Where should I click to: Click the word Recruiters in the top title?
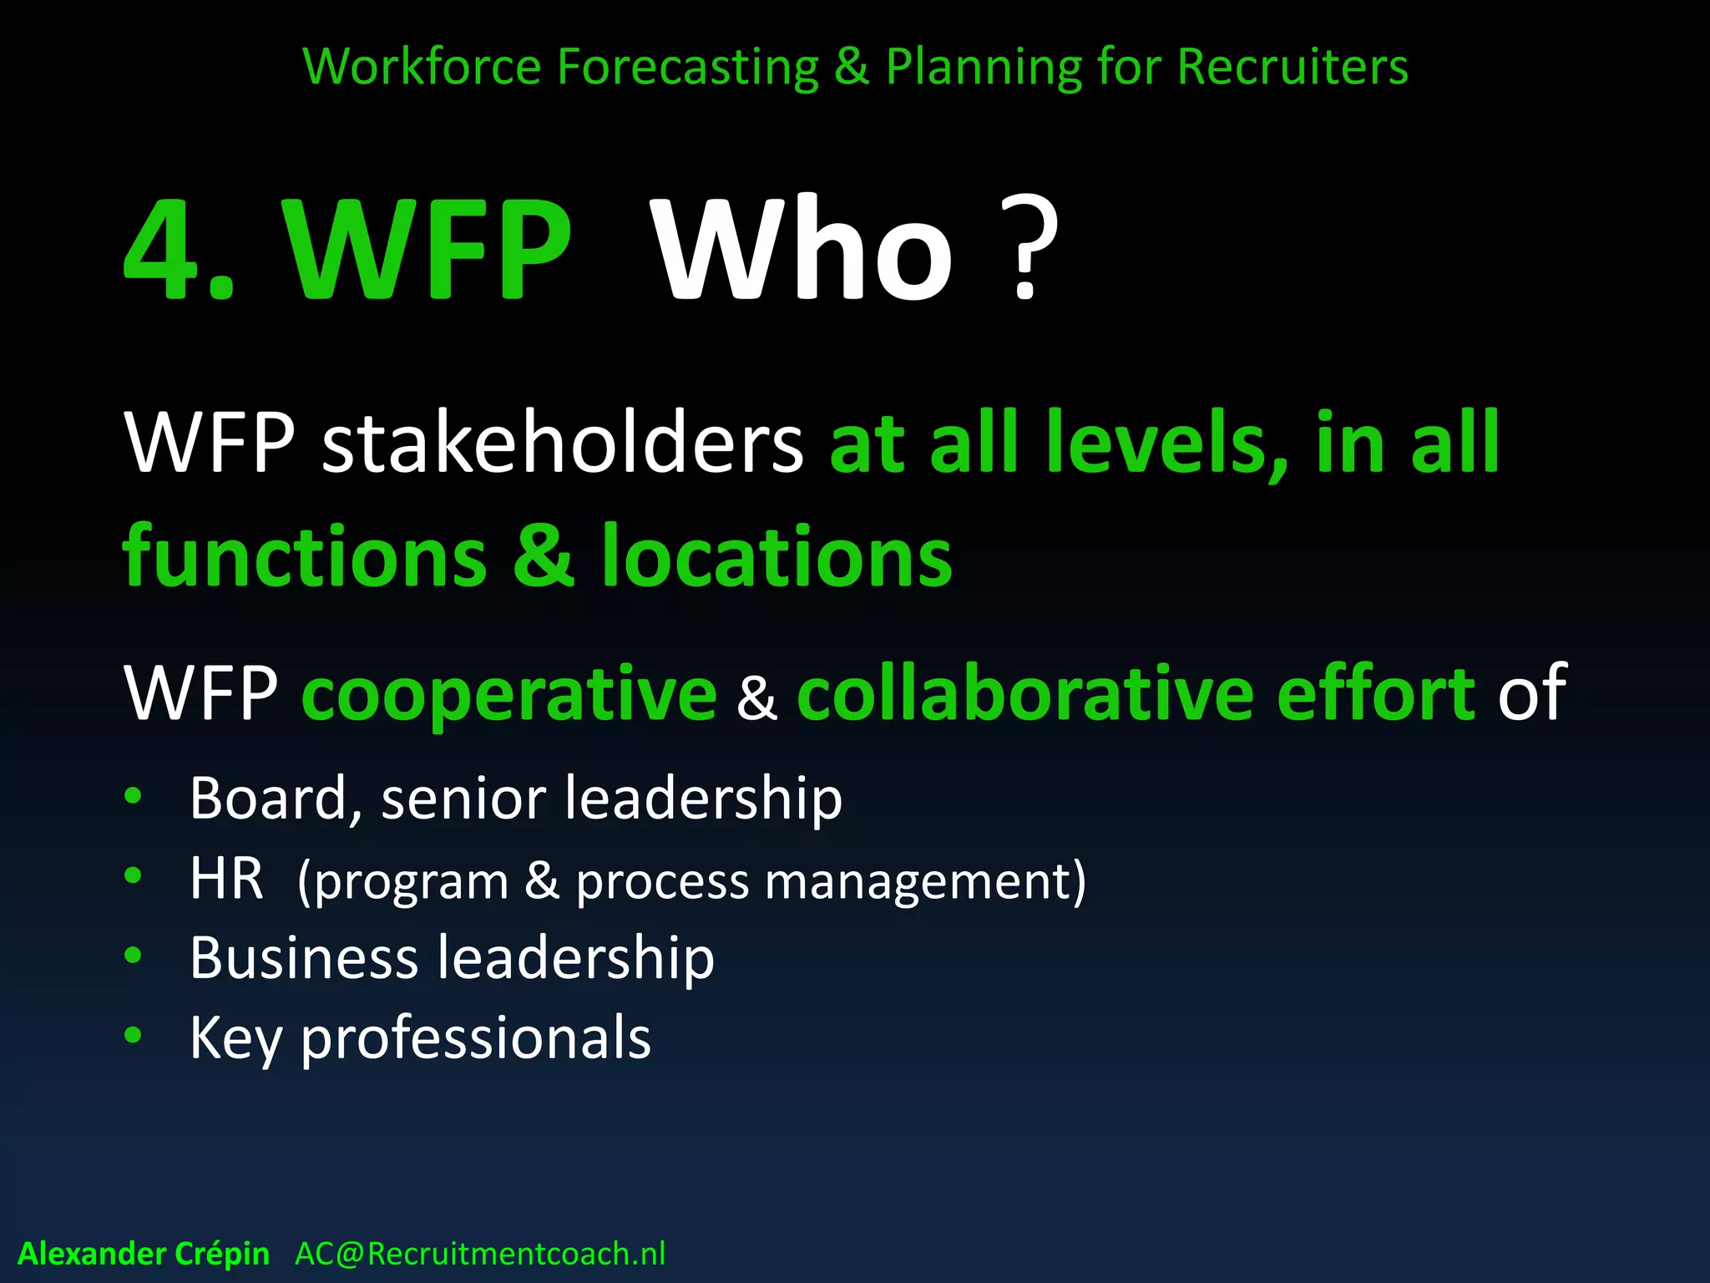tap(1293, 67)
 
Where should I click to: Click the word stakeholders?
tap(562, 443)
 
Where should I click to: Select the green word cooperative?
tap(508, 693)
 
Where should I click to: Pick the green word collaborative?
tap(1025, 693)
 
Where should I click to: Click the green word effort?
tap(1376, 693)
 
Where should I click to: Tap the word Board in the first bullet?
tap(267, 799)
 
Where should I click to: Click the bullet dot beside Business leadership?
tap(133, 956)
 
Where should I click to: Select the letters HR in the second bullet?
tap(225, 879)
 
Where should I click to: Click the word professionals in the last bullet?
tap(476, 1039)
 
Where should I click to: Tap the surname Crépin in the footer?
tap(222, 1254)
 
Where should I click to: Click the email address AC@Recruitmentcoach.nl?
tap(480, 1254)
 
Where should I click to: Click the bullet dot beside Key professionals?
tap(133, 1036)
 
